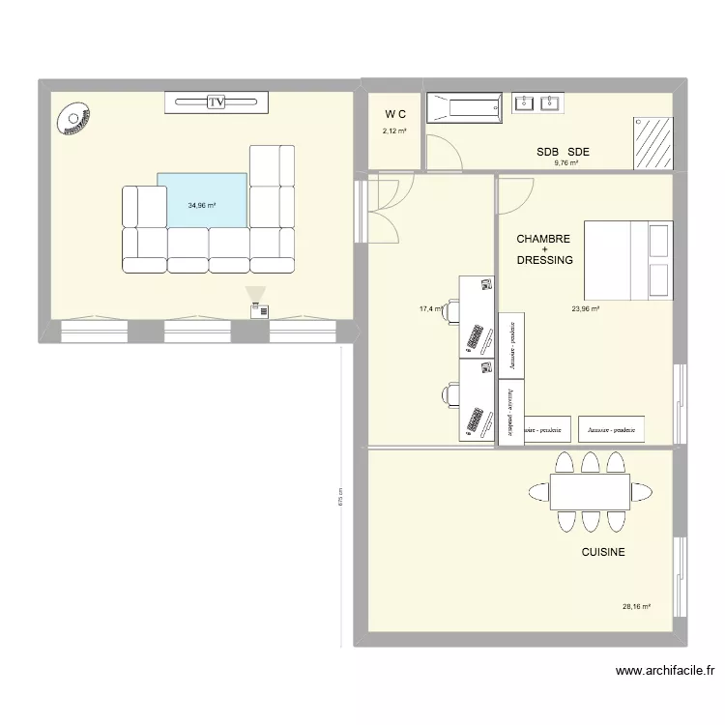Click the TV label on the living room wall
(x=216, y=101)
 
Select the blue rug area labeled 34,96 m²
(x=201, y=205)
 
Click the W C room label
(x=394, y=114)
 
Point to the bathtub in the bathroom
(x=465, y=108)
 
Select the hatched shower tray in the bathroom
(x=652, y=142)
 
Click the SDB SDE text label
(x=564, y=152)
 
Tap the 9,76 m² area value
(x=565, y=163)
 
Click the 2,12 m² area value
(x=394, y=130)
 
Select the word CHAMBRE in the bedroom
(x=543, y=239)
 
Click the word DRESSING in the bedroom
(x=544, y=260)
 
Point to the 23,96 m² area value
(x=586, y=309)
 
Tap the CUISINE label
(x=602, y=552)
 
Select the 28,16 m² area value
(x=636, y=607)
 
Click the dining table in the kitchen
(x=590, y=492)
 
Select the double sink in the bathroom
(x=538, y=102)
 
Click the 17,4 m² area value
(x=430, y=309)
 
